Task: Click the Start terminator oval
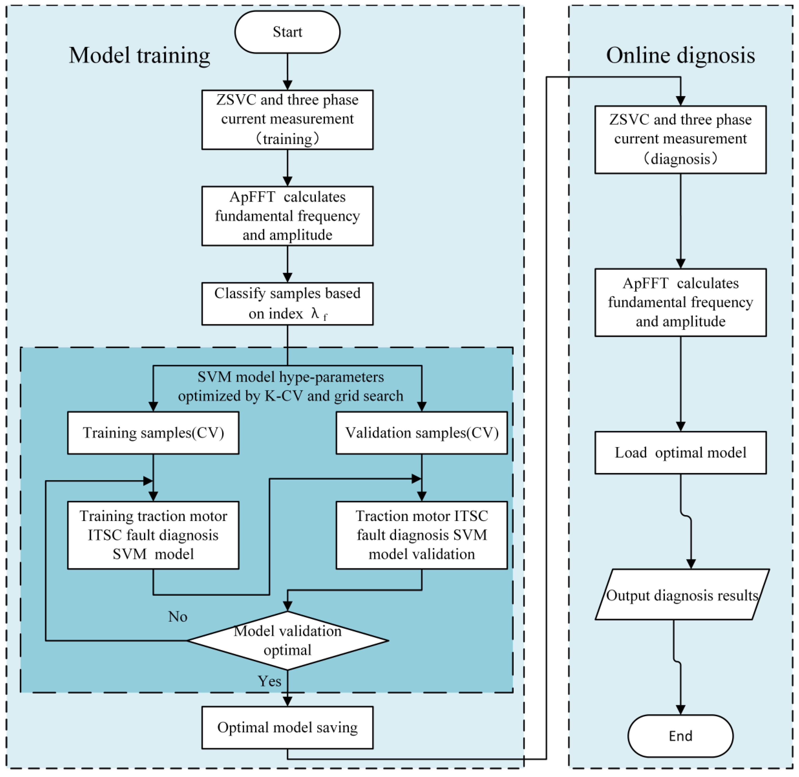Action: pos(287,32)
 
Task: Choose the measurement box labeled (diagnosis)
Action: pos(680,139)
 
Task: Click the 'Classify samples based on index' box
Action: pos(287,304)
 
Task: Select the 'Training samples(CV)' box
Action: pos(153,433)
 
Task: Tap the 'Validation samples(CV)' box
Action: pos(421,433)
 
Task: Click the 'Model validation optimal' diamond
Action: pos(287,640)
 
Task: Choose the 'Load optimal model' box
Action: pos(680,453)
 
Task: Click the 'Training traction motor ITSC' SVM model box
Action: pos(153,535)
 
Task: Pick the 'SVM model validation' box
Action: pos(421,535)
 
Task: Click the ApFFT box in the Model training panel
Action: pos(287,216)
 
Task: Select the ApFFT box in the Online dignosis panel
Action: pos(680,302)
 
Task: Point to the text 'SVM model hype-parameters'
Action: pos(291,377)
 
